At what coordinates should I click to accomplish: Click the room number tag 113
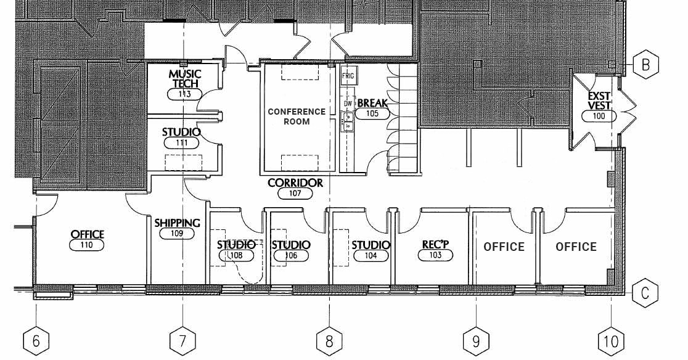click(185, 94)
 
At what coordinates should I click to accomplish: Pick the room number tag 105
click(372, 113)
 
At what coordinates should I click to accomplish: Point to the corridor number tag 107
click(295, 194)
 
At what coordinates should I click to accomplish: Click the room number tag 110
click(87, 245)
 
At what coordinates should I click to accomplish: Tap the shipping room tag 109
click(177, 234)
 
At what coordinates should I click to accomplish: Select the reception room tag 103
click(435, 255)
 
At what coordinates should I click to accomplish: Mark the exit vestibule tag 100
click(599, 116)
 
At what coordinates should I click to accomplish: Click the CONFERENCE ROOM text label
click(297, 117)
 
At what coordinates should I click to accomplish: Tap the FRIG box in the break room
click(349, 77)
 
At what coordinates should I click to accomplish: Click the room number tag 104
click(371, 256)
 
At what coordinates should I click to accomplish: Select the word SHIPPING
click(177, 223)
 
